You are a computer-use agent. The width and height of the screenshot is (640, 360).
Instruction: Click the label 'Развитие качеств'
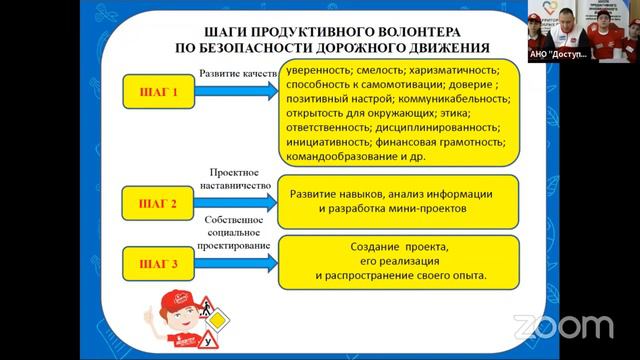[x=237, y=73]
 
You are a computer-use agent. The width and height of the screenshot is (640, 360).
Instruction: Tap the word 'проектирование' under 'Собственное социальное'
[x=236, y=245]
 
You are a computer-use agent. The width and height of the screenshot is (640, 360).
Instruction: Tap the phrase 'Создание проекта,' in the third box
[x=397, y=246]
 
